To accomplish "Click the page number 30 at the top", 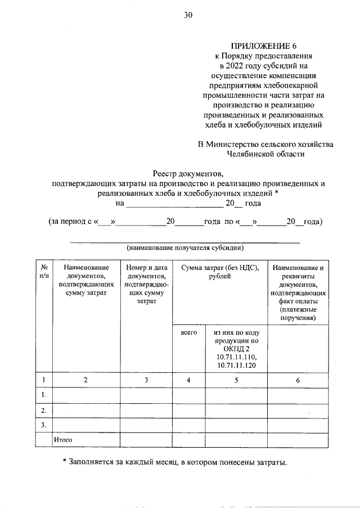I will point(188,15).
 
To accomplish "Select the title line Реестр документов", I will point(188,173).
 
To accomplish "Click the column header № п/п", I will point(44,272).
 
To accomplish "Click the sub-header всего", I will point(188,333).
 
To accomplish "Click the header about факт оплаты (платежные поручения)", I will point(298,293).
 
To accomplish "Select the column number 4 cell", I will point(189,380).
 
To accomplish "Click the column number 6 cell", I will point(298,380).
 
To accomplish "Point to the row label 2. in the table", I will point(43,411).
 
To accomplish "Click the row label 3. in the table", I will point(43,425).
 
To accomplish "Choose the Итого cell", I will point(63,439).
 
